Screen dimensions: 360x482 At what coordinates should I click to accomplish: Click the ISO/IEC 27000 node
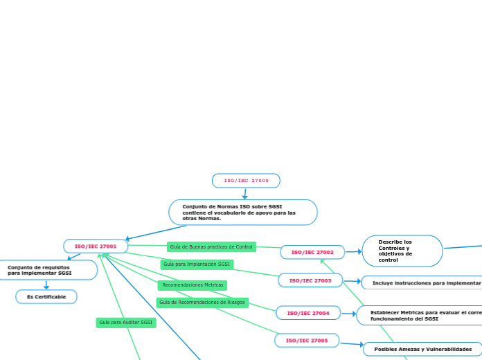coord(246,181)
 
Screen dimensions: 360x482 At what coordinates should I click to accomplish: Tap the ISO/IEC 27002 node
coord(312,253)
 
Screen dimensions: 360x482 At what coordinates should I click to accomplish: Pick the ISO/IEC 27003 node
coord(310,280)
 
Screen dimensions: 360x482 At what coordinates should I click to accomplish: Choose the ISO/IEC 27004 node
coord(308,313)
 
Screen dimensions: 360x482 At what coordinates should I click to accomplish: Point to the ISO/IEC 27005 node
coord(307,341)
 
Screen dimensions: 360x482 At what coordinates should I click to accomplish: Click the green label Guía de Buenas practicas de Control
coord(211,246)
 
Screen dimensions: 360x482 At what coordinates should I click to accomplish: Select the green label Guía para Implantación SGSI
coord(197,264)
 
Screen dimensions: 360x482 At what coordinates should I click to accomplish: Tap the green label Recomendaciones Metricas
coord(193,285)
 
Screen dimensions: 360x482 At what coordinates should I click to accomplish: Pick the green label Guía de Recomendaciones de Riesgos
coord(202,302)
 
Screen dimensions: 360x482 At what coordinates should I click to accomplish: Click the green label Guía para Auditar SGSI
coord(125,322)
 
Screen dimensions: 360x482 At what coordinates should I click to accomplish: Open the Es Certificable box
coord(46,297)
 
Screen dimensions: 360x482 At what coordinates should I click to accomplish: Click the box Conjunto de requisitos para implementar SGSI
coord(46,270)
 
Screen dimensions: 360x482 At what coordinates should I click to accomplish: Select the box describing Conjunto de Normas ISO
coord(242,213)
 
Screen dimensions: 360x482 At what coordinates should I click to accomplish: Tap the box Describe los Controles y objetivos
coord(402,251)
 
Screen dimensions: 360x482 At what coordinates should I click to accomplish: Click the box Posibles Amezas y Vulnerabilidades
coord(422,349)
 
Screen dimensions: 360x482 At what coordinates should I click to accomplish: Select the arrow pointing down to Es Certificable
coord(46,285)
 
